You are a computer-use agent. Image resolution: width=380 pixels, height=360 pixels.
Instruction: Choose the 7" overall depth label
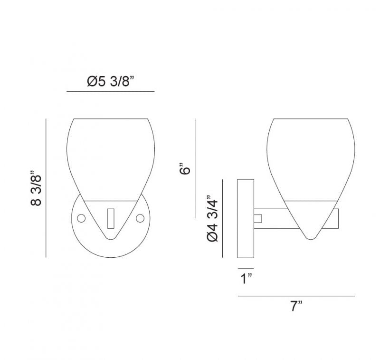pos(296,306)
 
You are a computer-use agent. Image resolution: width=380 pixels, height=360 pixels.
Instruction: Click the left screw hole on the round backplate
pos(81,218)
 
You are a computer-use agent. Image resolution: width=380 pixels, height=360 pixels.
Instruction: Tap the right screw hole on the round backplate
pos(140,218)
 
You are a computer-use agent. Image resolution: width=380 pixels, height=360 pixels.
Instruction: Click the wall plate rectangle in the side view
pos(246,218)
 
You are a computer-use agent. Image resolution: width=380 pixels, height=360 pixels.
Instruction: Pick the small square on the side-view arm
pos(258,218)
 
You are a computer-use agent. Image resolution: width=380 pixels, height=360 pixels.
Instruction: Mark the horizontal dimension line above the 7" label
pos(296,296)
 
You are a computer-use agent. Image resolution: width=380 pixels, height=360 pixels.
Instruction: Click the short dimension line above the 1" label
pos(246,267)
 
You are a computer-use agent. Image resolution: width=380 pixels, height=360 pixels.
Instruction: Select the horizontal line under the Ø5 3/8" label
pos(111,91)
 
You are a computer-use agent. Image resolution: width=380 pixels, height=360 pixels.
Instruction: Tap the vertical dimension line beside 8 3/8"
pos(46,188)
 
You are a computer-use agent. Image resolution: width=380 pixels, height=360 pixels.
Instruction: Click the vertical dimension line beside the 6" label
pos(195,168)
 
